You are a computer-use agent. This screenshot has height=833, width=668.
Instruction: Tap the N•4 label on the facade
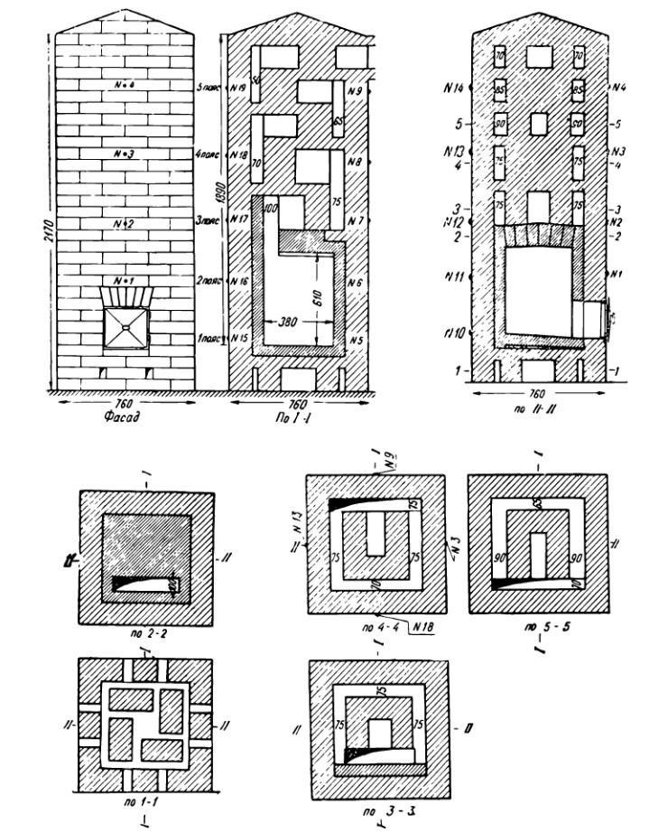125,85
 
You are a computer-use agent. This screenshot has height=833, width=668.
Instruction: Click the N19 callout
239,89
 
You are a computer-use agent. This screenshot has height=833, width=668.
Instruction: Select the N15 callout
239,338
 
